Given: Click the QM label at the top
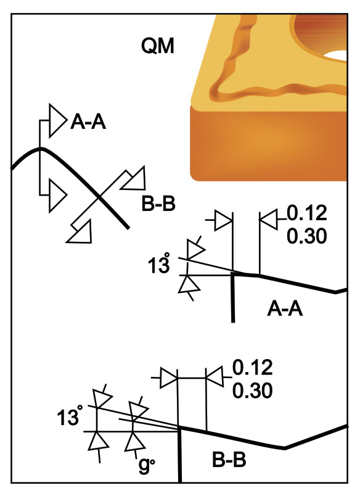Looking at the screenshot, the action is (x=157, y=46).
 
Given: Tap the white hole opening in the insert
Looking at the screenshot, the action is (x=336, y=56).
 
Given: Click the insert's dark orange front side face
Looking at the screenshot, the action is (x=269, y=143).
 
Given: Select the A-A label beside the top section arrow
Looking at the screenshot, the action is (x=88, y=122).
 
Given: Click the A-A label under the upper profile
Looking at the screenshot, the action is (x=285, y=308).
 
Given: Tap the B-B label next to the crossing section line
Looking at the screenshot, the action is (x=158, y=204).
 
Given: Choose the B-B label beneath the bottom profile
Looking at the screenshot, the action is (x=229, y=460).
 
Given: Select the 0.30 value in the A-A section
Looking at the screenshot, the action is (x=306, y=236).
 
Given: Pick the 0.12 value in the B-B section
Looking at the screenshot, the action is (x=252, y=367).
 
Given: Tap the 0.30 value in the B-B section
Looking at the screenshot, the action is (x=252, y=391).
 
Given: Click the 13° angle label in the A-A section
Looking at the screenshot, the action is (x=159, y=266).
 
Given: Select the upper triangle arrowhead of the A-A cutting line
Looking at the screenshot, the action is (x=57, y=120).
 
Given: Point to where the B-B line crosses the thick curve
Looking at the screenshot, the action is (x=99, y=197).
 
